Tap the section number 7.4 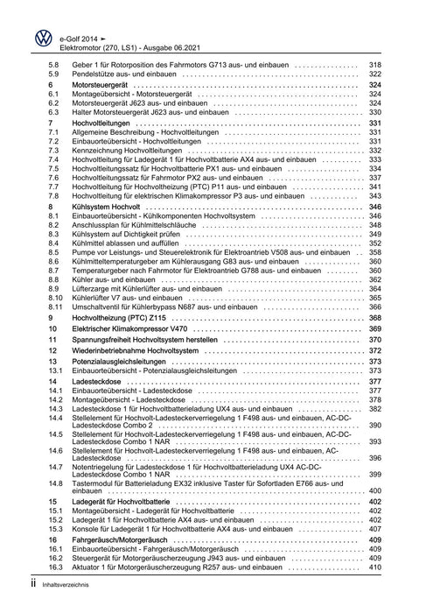tap(54, 159)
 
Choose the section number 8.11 tap(56, 307)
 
